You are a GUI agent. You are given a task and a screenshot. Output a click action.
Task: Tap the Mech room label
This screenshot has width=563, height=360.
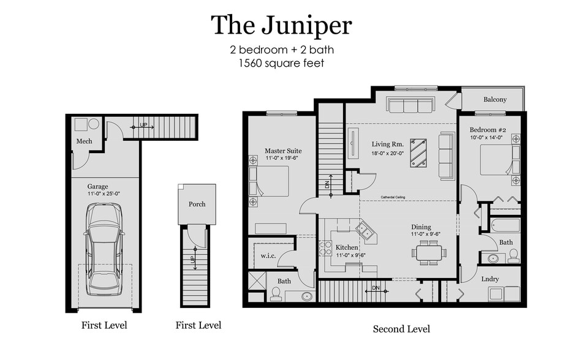[x=84, y=141]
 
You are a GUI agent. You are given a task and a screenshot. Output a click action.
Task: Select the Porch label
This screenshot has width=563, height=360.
[x=197, y=204]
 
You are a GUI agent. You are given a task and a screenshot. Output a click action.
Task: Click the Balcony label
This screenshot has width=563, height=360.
[x=495, y=99]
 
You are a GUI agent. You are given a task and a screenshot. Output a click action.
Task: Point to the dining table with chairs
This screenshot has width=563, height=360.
[x=429, y=253]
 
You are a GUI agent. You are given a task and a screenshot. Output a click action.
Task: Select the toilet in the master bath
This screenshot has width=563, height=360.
[x=276, y=293]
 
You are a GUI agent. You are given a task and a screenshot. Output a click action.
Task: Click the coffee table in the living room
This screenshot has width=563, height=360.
[x=418, y=153]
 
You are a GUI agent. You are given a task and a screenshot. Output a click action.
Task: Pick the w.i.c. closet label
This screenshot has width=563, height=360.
[x=268, y=256]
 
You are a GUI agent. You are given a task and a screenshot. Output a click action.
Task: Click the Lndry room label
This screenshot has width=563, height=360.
[x=490, y=279]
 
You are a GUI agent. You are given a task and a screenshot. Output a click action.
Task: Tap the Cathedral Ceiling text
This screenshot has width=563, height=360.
[x=393, y=197]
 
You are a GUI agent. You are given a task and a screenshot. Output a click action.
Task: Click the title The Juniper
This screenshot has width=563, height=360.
[x=281, y=26]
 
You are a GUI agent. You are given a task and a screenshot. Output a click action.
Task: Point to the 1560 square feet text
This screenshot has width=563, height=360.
[x=282, y=63]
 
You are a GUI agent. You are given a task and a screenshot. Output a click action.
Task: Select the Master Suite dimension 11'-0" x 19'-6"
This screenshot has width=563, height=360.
[x=282, y=158]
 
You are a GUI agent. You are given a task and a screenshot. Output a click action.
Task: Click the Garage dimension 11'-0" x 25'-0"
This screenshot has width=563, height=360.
[x=104, y=193]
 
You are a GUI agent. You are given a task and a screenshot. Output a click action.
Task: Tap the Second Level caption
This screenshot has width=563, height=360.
[x=401, y=329]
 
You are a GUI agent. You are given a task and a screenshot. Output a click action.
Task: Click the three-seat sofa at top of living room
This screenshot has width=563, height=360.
[x=410, y=105]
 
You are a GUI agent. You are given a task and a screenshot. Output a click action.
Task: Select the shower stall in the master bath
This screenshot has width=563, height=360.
[x=257, y=280]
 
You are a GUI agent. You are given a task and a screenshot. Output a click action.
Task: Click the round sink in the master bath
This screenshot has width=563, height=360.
[x=307, y=296]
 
